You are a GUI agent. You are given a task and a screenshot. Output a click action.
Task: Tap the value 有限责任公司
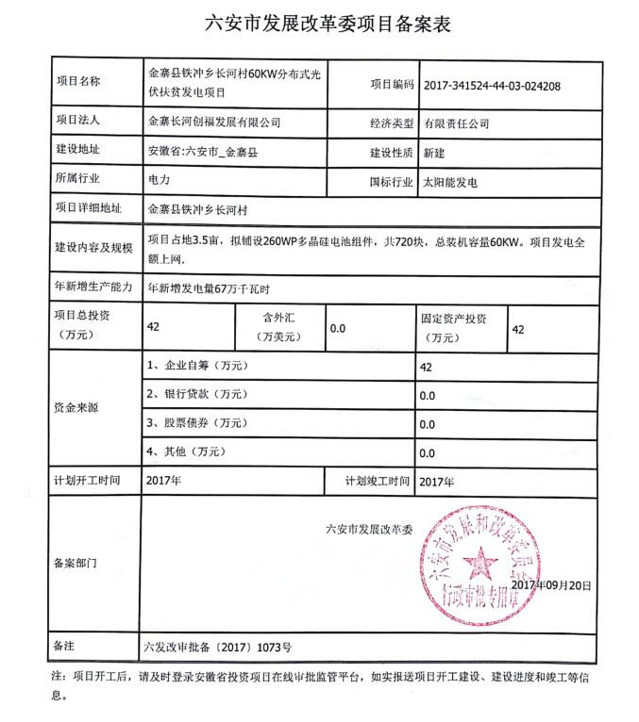456,123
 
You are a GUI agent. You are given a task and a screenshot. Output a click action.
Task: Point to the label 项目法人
79,122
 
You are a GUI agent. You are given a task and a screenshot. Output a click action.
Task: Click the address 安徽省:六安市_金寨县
203,152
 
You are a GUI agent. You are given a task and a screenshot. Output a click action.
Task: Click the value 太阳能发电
450,179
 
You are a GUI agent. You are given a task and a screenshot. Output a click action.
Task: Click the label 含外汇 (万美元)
279,327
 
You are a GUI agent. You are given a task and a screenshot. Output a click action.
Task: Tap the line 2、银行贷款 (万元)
196,394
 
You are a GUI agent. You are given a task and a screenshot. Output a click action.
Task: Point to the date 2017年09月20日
547,584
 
